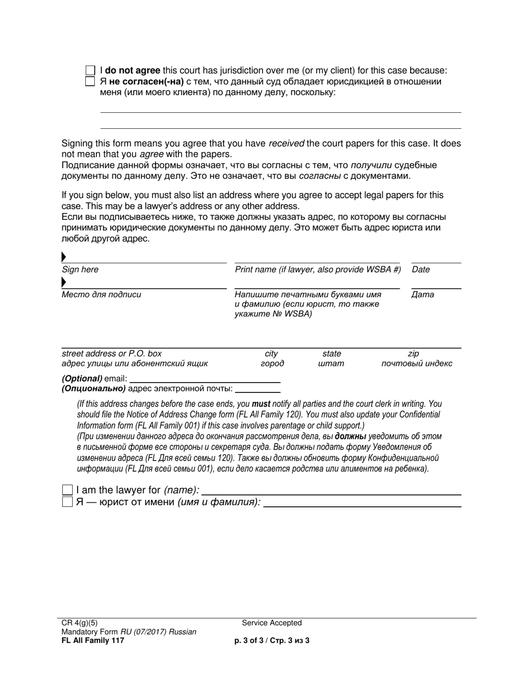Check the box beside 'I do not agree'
(90, 71)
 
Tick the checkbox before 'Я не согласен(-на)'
(90, 81)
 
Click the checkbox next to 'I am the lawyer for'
(67, 490)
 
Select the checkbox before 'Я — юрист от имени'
(67, 502)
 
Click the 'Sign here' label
(80, 270)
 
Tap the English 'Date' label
(421, 270)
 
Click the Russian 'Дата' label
(422, 294)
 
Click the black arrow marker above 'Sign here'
(64, 256)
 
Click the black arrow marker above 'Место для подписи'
(64, 282)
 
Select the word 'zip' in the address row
(413, 353)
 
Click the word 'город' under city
(272, 363)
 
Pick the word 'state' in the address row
(331, 353)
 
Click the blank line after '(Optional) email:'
(204, 379)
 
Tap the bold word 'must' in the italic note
(261, 403)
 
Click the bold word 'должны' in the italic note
(350, 436)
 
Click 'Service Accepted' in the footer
(272, 623)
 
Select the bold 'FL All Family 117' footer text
(92, 640)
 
